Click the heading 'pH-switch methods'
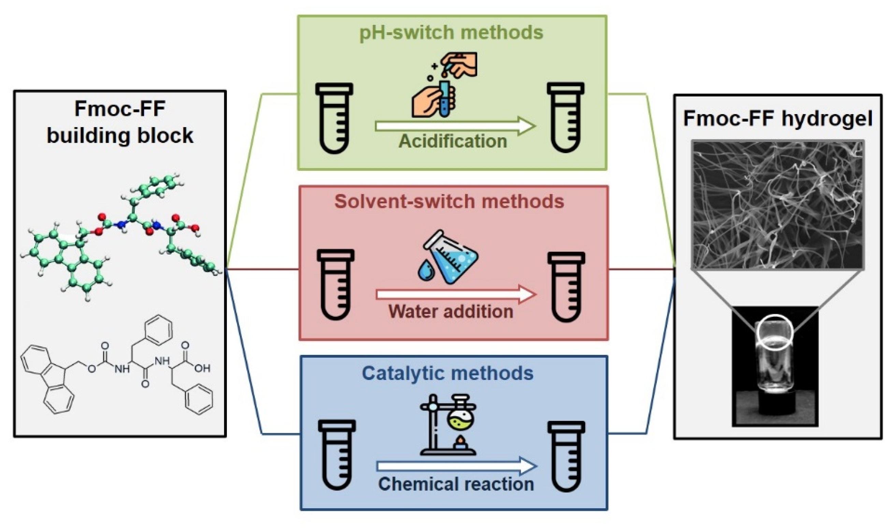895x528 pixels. pyautogui.click(x=451, y=33)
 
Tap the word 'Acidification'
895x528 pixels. pyautogui.click(x=452, y=141)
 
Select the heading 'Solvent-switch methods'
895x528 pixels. pyautogui.click(x=449, y=202)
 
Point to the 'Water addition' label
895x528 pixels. pyautogui.click(x=451, y=312)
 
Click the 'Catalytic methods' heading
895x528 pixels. pyautogui.click(x=448, y=373)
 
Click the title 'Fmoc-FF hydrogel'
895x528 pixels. pyautogui.click(x=778, y=119)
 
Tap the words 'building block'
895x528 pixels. pyautogui.click(x=120, y=136)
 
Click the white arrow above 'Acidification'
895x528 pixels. pyautogui.click(x=455, y=126)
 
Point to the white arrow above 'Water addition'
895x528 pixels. pyautogui.click(x=456, y=295)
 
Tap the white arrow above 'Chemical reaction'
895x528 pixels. pyautogui.click(x=457, y=466)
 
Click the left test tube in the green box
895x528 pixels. pyautogui.click(x=334, y=118)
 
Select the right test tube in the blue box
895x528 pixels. pyautogui.click(x=566, y=456)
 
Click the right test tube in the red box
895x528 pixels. pyautogui.click(x=566, y=288)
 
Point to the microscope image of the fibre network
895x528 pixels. pyautogui.click(x=778, y=205)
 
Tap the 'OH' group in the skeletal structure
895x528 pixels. pyautogui.click(x=202, y=368)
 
